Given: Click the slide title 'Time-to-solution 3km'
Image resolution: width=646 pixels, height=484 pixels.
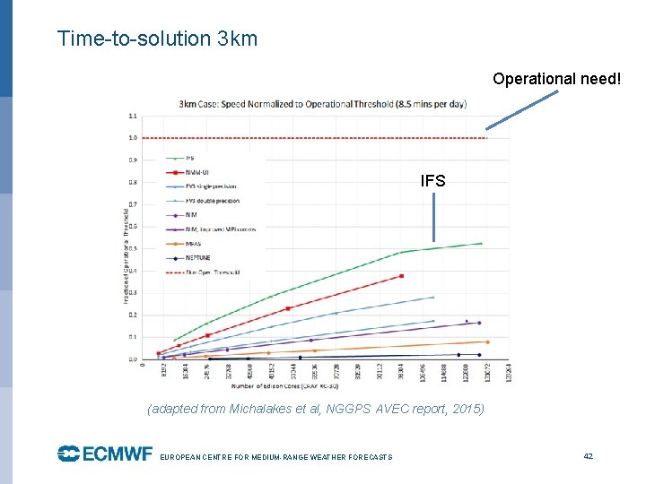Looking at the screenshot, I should (157, 39).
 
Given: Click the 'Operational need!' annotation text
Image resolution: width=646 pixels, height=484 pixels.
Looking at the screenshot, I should (556, 79).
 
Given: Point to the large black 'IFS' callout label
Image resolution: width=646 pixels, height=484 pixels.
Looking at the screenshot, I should (433, 182).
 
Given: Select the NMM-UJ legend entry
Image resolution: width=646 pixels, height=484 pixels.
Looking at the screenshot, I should (199, 172).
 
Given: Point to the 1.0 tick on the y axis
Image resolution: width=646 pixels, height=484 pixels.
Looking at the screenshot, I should (133, 138).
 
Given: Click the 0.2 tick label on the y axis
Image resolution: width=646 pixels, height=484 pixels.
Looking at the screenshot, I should (133, 315).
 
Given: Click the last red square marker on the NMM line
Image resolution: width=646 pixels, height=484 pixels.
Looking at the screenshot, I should (401, 276).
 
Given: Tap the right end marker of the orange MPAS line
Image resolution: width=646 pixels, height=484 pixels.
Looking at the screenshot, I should (487, 341).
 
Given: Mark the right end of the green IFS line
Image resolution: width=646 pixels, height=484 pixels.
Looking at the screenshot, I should (482, 243).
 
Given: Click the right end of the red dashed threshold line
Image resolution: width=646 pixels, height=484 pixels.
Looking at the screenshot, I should (486, 138).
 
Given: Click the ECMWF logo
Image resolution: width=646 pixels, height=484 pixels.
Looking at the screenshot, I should (104, 454).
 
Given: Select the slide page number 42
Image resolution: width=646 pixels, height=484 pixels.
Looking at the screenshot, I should (589, 456).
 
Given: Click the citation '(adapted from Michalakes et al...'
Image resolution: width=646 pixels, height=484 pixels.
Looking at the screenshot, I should (316, 410).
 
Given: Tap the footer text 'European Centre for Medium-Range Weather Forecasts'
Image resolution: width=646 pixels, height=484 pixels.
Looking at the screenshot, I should (275, 457).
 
